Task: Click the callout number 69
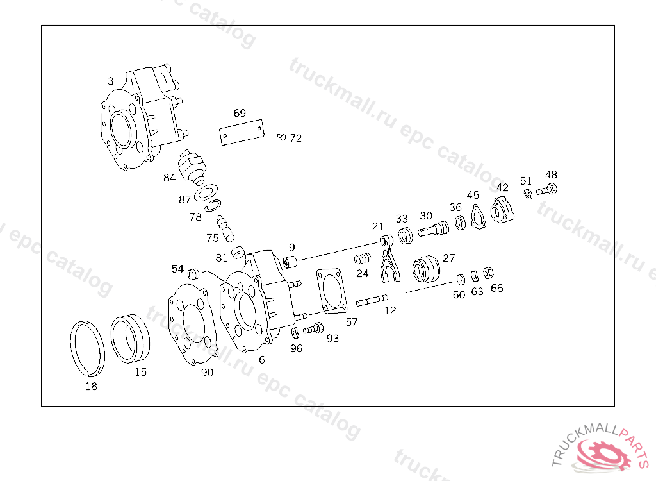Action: (240, 113)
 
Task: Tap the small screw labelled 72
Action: (281, 137)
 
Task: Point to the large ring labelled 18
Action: (87, 347)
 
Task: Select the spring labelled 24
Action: (363, 260)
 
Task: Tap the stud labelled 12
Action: (372, 300)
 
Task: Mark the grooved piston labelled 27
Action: (426, 269)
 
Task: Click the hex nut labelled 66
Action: (487, 273)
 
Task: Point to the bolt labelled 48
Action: (548, 190)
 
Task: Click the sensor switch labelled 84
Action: (193, 166)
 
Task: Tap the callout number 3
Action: (111, 81)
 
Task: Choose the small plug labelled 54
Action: (194, 275)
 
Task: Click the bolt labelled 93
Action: (314, 329)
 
